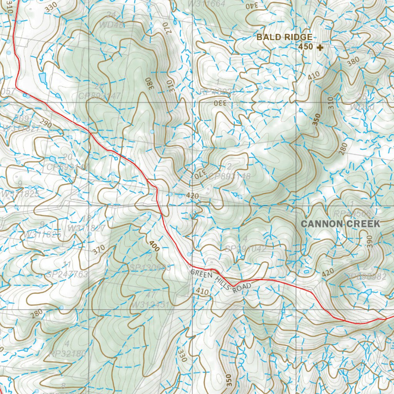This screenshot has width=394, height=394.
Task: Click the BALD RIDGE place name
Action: [284, 37]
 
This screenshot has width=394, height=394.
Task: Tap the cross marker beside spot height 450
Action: [319, 47]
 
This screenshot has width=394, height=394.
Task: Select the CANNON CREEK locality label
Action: [340, 224]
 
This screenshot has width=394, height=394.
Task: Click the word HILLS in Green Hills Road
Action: [221, 281]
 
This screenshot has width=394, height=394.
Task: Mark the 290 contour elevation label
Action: [45, 124]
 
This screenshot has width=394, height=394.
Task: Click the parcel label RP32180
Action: [67, 353]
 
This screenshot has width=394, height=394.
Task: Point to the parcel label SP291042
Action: [245, 249]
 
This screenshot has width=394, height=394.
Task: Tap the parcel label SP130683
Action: [150, 267]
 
